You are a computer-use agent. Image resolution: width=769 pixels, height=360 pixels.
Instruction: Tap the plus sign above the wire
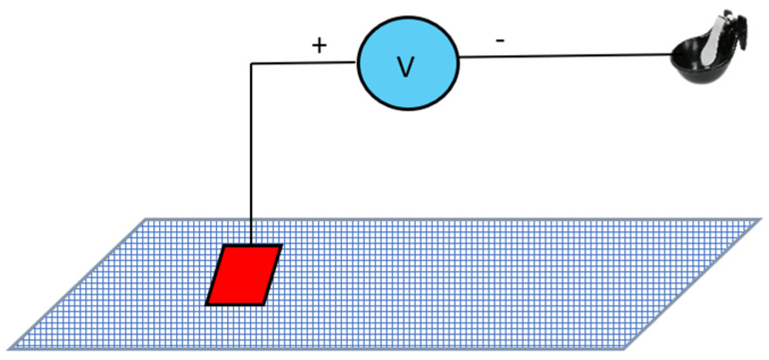point(319,46)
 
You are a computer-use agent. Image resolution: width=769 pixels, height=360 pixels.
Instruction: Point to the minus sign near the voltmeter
point(500,41)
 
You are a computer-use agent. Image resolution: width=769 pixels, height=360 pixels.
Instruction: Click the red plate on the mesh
point(244,275)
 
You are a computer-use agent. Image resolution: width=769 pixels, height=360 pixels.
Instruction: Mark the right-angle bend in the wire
point(252,64)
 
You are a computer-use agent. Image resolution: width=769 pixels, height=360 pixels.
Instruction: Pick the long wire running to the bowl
point(564,56)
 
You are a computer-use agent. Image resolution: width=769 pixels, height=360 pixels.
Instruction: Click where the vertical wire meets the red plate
point(251,245)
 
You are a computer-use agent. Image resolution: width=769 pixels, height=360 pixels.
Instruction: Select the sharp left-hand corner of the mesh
point(11,347)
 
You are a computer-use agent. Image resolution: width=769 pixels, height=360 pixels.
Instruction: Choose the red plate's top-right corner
point(281,246)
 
